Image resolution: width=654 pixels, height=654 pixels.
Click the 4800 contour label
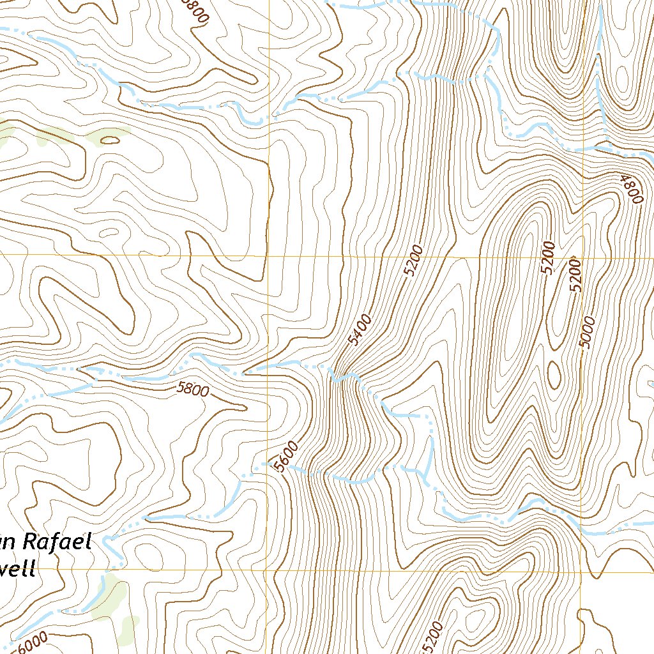pos(630,188)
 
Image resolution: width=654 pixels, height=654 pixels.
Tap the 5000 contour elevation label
pos(588,332)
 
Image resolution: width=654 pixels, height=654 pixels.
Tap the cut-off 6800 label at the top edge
pos(196,11)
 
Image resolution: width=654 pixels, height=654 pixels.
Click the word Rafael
pos(57,543)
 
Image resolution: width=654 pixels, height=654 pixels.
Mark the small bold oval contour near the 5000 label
pos(552,374)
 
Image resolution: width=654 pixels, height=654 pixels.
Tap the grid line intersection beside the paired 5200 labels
pos(581,257)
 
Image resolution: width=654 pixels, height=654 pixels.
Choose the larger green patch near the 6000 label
pos(109,597)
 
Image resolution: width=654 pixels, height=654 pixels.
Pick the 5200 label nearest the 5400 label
pos(414,260)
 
